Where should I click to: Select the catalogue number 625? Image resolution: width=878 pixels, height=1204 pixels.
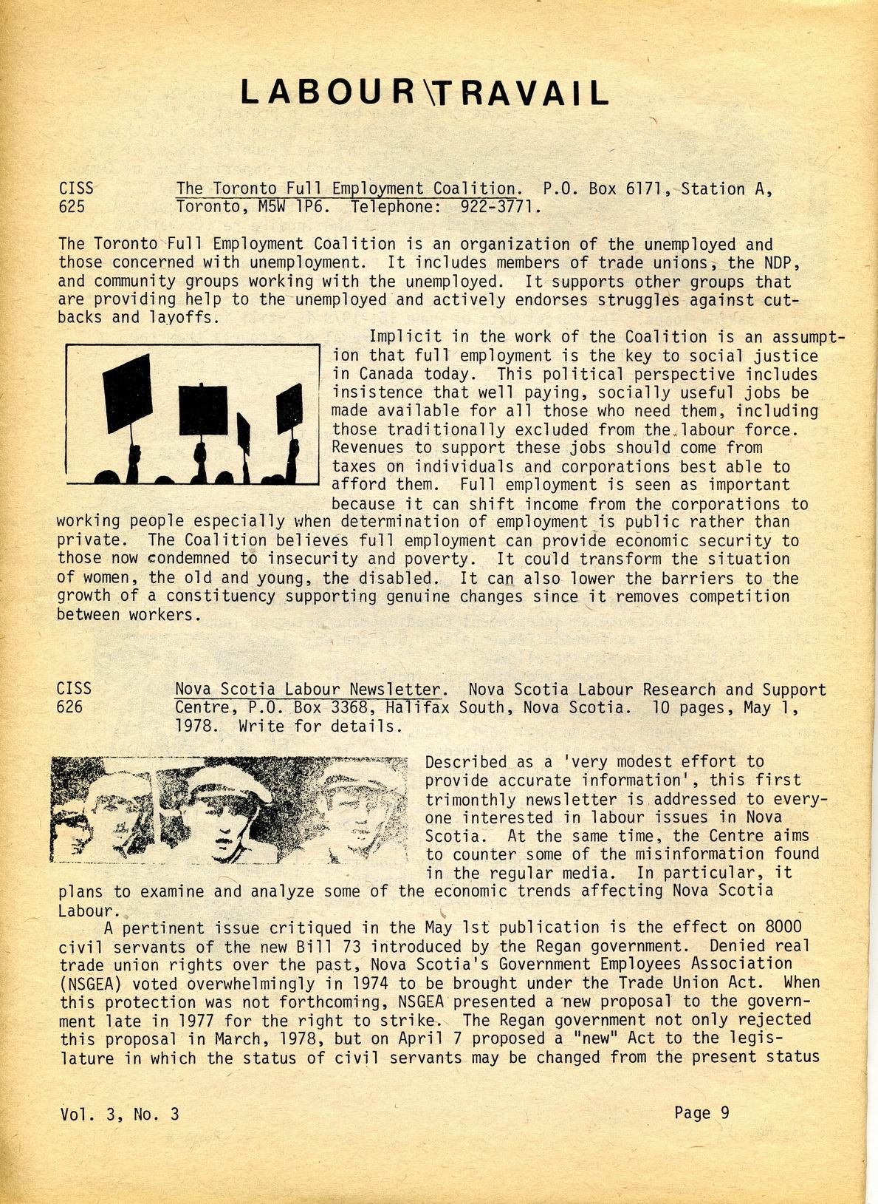pyautogui.click(x=72, y=207)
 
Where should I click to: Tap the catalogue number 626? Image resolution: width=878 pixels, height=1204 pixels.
pyautogui.click(x=70, y=707)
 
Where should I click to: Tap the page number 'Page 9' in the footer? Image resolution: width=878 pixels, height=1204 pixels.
pyautogui.click(x=702, y=1112)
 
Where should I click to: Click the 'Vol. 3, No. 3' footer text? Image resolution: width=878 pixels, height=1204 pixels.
pyautogui.click(x=120, y=1114)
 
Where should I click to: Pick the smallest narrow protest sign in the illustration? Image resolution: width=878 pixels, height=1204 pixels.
pyautogui.click(x=243, y=434)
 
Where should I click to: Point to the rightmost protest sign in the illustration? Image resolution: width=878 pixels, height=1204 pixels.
pyautogui.click(x=289, y=409)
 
